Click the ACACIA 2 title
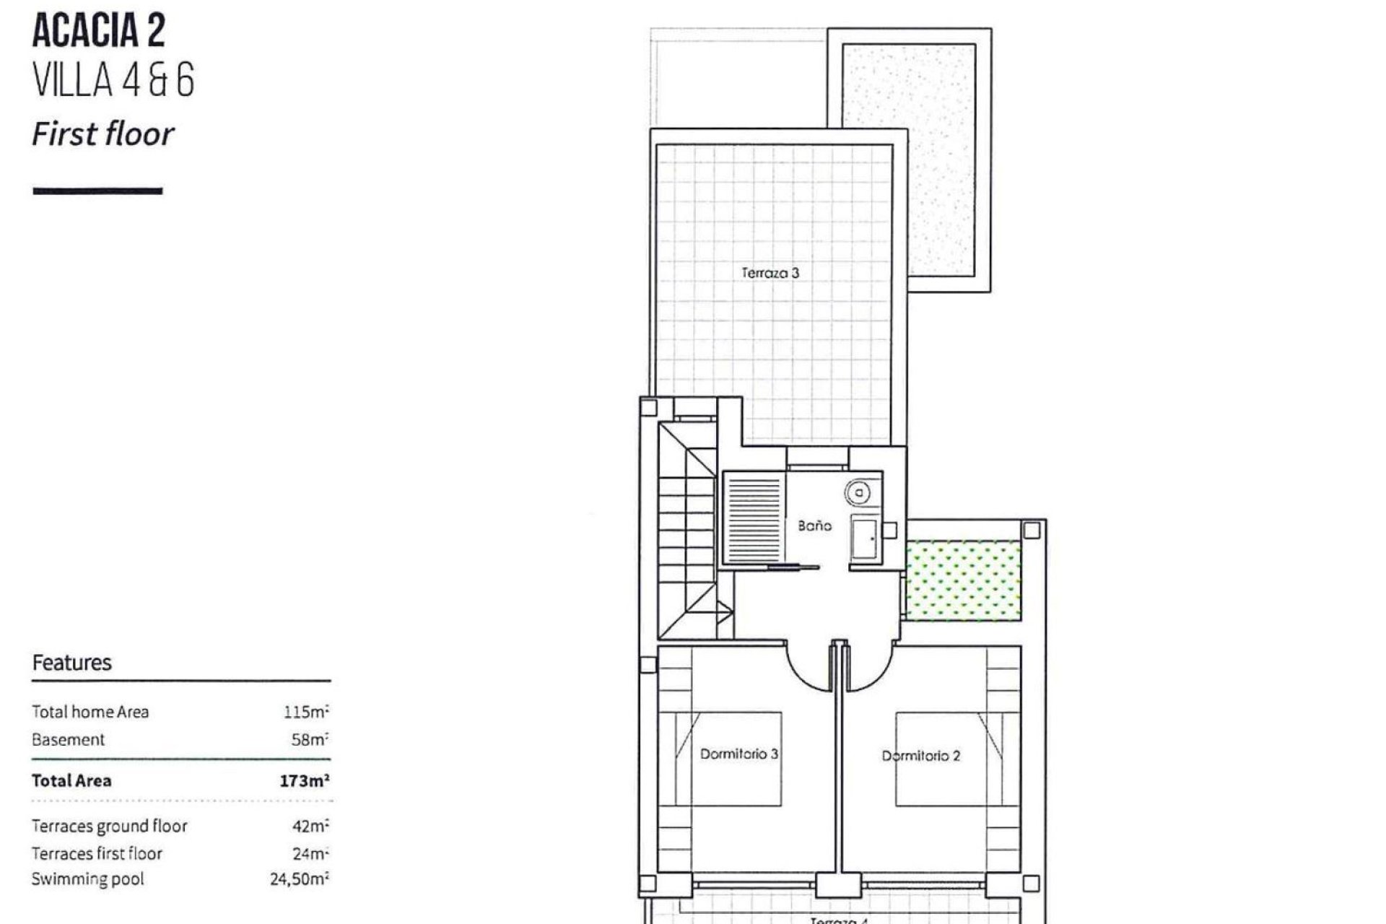[99, 31]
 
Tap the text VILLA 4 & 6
[113, 80]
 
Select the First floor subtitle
[103, 134]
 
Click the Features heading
[71, 663]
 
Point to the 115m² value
[306, 712]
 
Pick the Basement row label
[68, 740]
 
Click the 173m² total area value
[304, 780]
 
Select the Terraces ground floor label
[109, 826]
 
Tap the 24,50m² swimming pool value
[300, 879]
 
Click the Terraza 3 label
[770, 273]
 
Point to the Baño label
[814, 526]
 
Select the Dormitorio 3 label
[738, 754]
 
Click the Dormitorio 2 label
[920, 756]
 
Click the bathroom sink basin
[865, 538]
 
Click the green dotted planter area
[964, 582]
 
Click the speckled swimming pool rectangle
[909, 160]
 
